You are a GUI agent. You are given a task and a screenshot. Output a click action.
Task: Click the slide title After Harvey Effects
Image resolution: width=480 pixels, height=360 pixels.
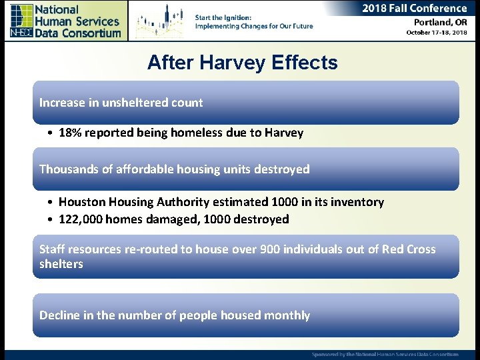[x=242, y=63]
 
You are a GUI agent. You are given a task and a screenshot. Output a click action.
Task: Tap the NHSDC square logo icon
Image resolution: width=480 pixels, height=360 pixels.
[x=21, y=21]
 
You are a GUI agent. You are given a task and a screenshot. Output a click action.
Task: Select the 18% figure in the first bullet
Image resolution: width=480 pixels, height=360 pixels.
[x=69, y=133]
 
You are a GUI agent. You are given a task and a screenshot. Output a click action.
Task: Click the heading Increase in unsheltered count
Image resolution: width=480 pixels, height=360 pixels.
[x=121, y=103]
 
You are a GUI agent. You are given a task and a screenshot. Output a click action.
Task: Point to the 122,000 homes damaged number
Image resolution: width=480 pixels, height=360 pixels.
[x=81, y=219]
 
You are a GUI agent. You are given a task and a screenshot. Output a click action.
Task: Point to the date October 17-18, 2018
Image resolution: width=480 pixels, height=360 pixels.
[x=437, y=33]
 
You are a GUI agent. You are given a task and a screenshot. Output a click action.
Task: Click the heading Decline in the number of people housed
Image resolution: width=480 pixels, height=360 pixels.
[x=174, y=315]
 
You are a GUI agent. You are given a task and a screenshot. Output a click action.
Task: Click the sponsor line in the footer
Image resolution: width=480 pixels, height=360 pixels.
[x=385, y=355]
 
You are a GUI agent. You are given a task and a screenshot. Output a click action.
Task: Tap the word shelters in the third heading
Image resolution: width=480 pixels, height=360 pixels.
[x=61, y=264]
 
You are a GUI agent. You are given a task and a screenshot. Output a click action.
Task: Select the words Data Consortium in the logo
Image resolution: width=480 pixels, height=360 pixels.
[x=77, y=33]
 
